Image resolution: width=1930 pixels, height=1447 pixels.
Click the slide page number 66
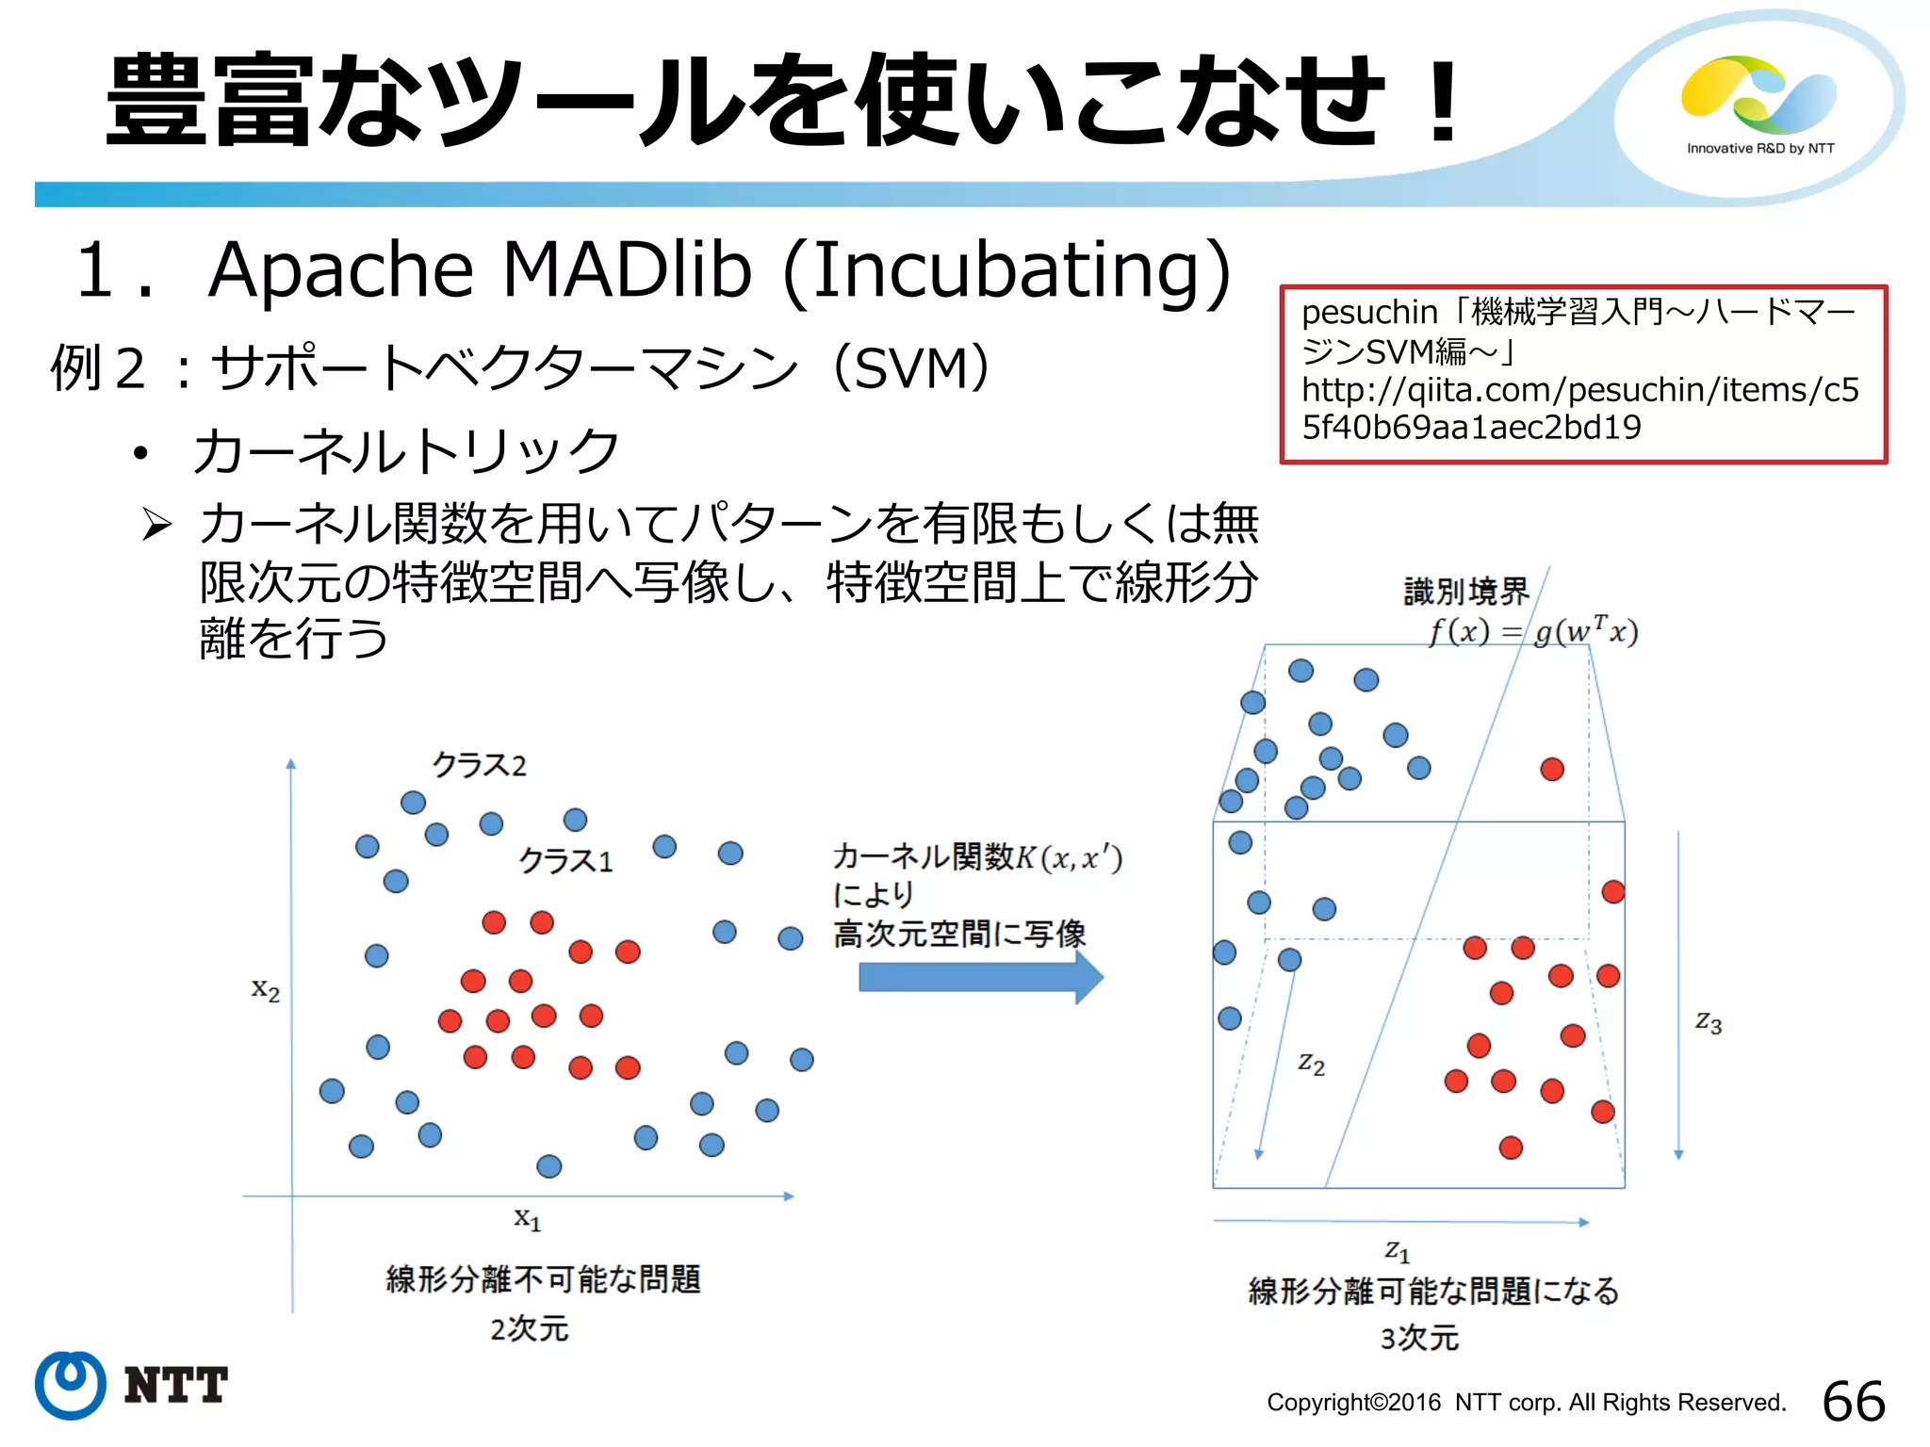click(1853, 1401)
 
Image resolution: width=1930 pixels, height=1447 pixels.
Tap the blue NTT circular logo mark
click(70, 1385)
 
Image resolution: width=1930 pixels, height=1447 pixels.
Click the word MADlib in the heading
click(627, 270)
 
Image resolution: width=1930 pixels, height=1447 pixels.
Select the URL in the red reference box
click(1580, 408)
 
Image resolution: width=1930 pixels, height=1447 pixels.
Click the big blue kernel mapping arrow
click(980, 978)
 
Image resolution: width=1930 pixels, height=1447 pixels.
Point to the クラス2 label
click(479, 764)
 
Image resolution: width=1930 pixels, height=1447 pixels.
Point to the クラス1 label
click(565, 860)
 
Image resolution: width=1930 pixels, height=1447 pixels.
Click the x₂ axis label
click(266, 989)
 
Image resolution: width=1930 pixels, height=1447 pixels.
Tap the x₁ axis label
click(527, 1218)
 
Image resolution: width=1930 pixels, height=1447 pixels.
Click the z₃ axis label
click(1708, 1022)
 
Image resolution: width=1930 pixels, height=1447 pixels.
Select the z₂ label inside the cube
click(1311, 1064)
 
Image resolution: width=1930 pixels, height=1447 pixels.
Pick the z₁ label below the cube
click(1397, 1251)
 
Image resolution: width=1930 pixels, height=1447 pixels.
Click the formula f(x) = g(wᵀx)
click(1533, 630)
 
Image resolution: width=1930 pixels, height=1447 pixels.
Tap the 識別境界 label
click(1465, 592)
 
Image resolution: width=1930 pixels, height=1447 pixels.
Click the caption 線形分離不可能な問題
click(543, 1279)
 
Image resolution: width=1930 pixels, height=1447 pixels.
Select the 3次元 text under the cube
click(1419, 1338)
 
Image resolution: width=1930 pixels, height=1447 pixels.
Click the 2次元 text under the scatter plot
click(529, 1328)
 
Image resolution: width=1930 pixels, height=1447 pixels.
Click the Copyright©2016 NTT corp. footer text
click(1526, 1403)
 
